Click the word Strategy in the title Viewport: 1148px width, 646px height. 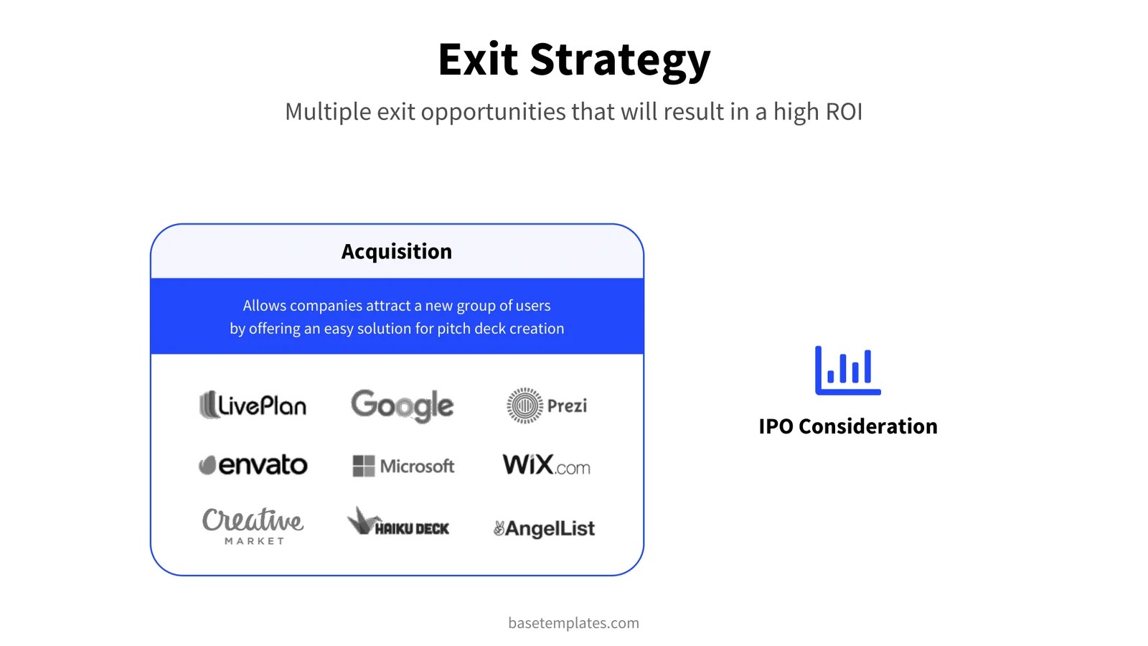coord(620,60)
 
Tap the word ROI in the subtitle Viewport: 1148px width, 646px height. coord(844,112)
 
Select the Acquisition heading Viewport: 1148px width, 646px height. coord(397,251)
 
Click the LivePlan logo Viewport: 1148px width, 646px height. coord(253,405)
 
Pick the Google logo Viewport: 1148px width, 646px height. coord(402,406)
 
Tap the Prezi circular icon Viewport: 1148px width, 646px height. coord(524,406)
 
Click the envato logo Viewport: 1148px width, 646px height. coord(253,465)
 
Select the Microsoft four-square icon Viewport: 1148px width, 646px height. coord(364,466)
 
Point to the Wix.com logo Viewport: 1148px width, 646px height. coord(546,465)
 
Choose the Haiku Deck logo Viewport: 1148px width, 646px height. coord(398,523)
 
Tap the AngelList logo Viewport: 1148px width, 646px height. coord(544,529)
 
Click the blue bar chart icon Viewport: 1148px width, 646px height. coord(847,370)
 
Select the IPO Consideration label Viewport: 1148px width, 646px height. coord(847,426)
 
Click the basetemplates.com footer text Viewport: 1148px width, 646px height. coord(573,623)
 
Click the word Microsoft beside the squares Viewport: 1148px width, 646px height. coord(417,467)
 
